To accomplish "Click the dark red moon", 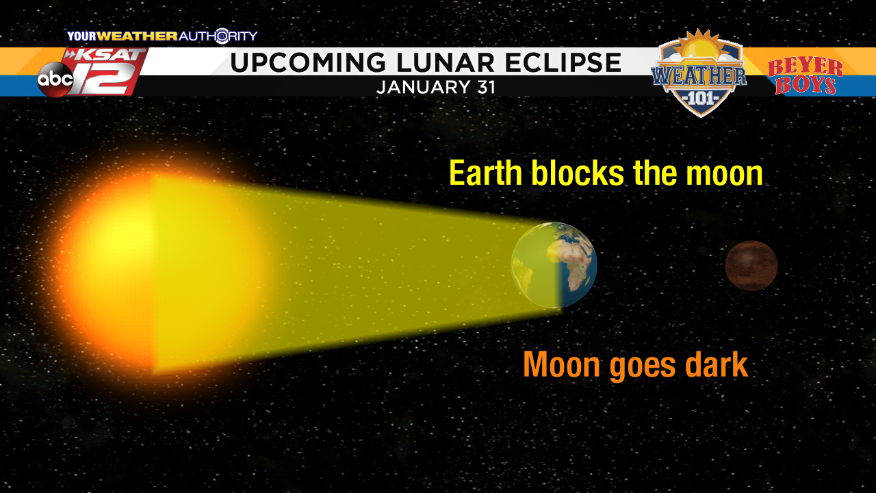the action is click(x=751, y=266).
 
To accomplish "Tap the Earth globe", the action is click(x=554, y=265).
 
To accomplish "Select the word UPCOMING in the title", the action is click(x=308, y=62).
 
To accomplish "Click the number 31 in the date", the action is click(x=486, y=87).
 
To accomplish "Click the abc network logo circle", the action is click(x=55, y=79).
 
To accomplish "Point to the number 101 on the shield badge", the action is click(x=700, y=98).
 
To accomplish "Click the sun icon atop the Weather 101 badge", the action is click(x=700, y=46).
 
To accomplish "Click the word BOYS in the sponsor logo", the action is click(x=806, y=86).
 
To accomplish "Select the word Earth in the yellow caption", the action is click(x=485, y=173).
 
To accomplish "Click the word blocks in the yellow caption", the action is click(x=577, y=173).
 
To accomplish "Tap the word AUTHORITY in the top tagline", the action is click(x=218, y=36).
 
